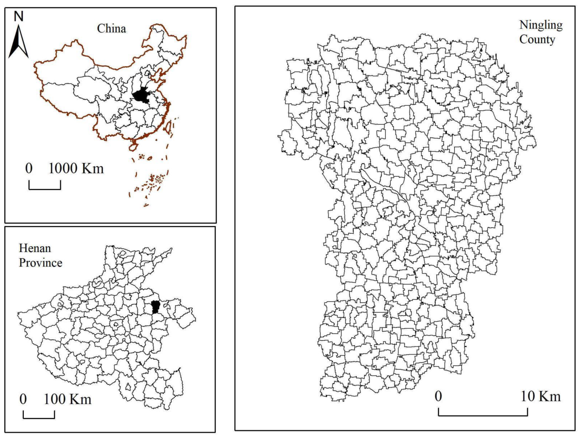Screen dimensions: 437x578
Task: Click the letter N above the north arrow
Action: (x=18, y=16)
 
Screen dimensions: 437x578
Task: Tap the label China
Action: (x=112, y=29)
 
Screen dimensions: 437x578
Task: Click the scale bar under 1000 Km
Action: (x=45, y=188)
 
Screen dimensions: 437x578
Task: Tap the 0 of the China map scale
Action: (x=29, y=168)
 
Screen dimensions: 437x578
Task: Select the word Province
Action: (x=41, y=263)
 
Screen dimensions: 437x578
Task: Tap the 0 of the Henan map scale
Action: (x=23, y=399)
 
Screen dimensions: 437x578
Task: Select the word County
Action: (x=537, y=40)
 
